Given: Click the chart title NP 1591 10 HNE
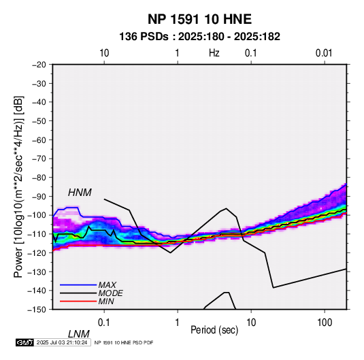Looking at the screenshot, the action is click(199, 19).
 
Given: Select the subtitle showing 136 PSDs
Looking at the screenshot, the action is click(199, 37).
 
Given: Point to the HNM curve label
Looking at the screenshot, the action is click(80, 193).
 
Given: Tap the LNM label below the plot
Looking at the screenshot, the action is click(78, 334).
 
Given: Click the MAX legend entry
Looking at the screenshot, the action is click(107, 284).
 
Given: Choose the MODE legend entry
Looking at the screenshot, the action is click(110, 293).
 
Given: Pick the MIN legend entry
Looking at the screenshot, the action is click(106, 301).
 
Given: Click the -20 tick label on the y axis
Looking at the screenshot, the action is click(39, 65).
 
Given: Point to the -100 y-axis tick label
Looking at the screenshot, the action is click(37, 215).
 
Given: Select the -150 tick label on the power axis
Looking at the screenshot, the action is click(37, 310).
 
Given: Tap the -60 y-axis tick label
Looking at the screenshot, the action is click(39, 140).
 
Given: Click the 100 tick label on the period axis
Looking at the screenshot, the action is click(325, 323).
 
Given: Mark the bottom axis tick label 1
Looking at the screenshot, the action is click(178, 323).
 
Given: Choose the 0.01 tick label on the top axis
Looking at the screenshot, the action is click(324, 53).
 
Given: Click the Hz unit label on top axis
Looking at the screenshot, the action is click(214, 53).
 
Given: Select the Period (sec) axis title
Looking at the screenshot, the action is click(214, 330).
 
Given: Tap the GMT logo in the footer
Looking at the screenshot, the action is click(25, 342).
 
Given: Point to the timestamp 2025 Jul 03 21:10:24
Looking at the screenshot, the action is click(62, 342).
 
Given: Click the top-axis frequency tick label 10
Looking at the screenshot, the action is click(104, 53).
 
